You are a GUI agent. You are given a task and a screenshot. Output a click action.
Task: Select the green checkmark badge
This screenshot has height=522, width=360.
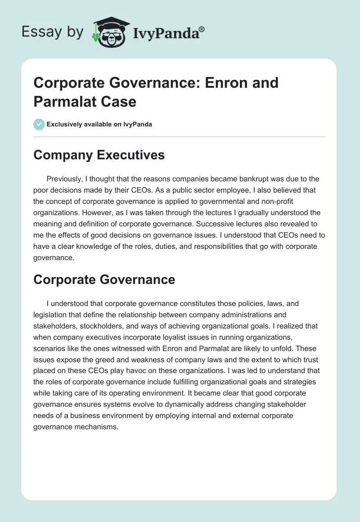39,124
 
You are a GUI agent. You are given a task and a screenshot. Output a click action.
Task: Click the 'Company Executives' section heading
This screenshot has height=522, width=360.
99,155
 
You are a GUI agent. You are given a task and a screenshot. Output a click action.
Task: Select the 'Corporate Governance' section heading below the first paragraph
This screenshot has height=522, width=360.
104,279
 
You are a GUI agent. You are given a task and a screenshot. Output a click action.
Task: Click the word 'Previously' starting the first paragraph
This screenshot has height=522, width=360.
65,179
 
